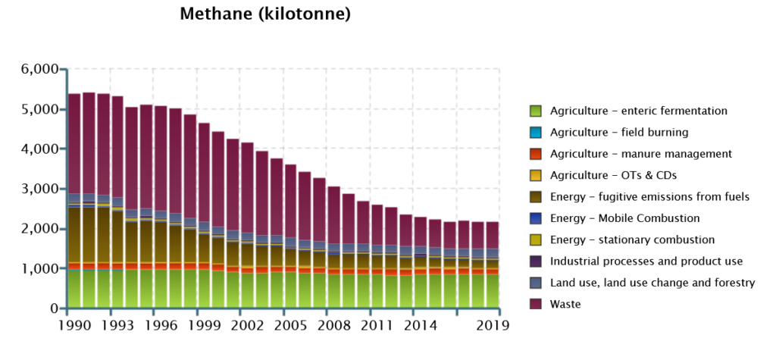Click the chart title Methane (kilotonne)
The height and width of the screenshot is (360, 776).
click(264, 15)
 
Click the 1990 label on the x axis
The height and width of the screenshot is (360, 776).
click(67, 324)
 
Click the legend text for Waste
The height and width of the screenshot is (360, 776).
click(565, 305)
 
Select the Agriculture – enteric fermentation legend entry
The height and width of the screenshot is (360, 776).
click(638, 111)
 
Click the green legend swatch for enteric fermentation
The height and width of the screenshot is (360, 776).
click(536, 111)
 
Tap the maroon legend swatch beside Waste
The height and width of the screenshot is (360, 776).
click(536, 305)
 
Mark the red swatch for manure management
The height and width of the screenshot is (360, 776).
click(536, 154)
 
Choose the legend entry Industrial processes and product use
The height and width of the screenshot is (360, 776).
click(646, 261)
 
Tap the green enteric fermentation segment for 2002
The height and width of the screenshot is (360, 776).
click(247, 292)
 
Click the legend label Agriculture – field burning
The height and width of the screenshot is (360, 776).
click(619, 133)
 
